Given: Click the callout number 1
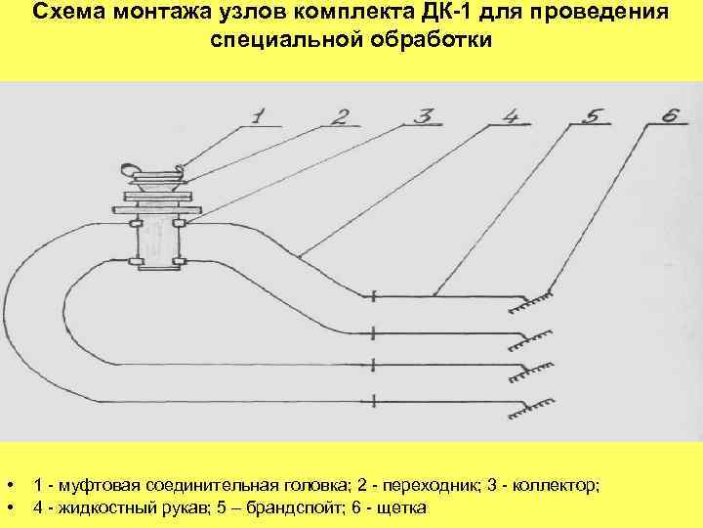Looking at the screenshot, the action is coord(257,116).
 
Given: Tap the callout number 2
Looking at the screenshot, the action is coord(339,117).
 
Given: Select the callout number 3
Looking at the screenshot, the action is coord(423,116).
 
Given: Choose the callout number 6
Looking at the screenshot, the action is coord(669,116).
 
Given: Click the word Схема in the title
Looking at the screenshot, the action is coord(68,14).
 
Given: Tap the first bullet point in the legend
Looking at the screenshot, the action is coord(9,486).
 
